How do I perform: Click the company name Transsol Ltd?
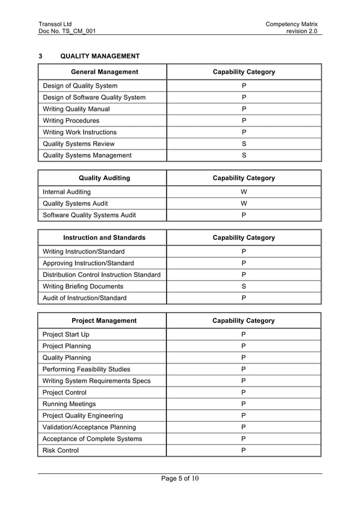(55, 24)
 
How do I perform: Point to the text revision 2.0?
(302, 32)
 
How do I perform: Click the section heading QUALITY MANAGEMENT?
(100, 56)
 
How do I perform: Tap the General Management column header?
(104, 72)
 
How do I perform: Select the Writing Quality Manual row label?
(76, 109)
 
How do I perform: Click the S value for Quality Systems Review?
(244, 143)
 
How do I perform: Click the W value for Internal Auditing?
(244, 192)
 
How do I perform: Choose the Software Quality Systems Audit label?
(89, 215)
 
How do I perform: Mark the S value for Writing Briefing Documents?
(244, 286)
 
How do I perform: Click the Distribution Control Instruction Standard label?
(102, 275)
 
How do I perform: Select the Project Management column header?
(104, 321)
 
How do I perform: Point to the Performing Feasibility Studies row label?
(86, 369)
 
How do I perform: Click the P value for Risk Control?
(244, 450)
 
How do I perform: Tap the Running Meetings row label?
(69, 404)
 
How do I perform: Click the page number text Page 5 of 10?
(180, 479)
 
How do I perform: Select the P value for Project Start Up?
(244, 335)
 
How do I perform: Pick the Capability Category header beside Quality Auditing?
(244, 178)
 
